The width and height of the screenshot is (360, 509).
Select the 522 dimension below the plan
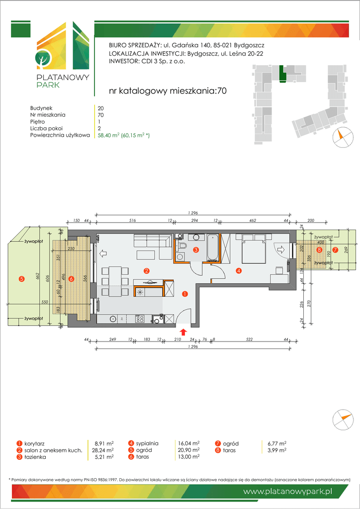pyautogui.click(x=250, y=339)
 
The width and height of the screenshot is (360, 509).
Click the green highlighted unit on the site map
pyautogui.click(x=283, y=75)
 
